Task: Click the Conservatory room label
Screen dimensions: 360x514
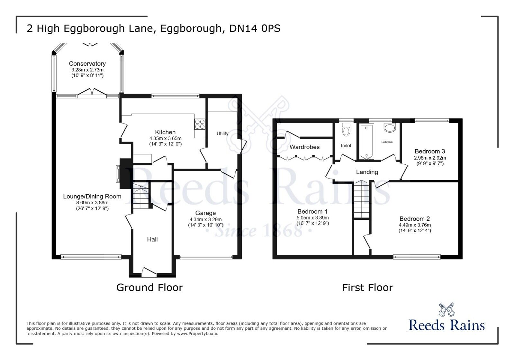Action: point(87,64)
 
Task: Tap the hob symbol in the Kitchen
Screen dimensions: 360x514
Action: point(200,124)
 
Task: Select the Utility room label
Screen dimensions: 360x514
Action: point(222,134)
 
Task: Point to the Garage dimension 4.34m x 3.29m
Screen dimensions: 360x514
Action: point(205,219)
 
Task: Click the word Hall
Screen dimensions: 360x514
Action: point(152,239)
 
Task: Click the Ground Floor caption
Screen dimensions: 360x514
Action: point(149,287)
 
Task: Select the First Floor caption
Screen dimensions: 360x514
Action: point(367,287)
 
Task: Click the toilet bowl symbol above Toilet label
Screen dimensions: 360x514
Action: point(346,130)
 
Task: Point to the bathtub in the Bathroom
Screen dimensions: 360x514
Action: point(366,142)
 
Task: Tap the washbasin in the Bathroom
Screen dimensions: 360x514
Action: point(390,128)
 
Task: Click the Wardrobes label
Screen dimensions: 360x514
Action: point(304,147)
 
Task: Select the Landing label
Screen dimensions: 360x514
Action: point(367,172)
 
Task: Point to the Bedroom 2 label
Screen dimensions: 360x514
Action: point(415,219)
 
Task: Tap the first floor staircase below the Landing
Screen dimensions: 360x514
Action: point(362,199)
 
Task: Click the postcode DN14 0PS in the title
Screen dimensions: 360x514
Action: point(255,29)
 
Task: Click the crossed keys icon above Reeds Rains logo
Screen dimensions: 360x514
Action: point(446,309)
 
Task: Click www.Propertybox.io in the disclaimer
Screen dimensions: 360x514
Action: point(197,334)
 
